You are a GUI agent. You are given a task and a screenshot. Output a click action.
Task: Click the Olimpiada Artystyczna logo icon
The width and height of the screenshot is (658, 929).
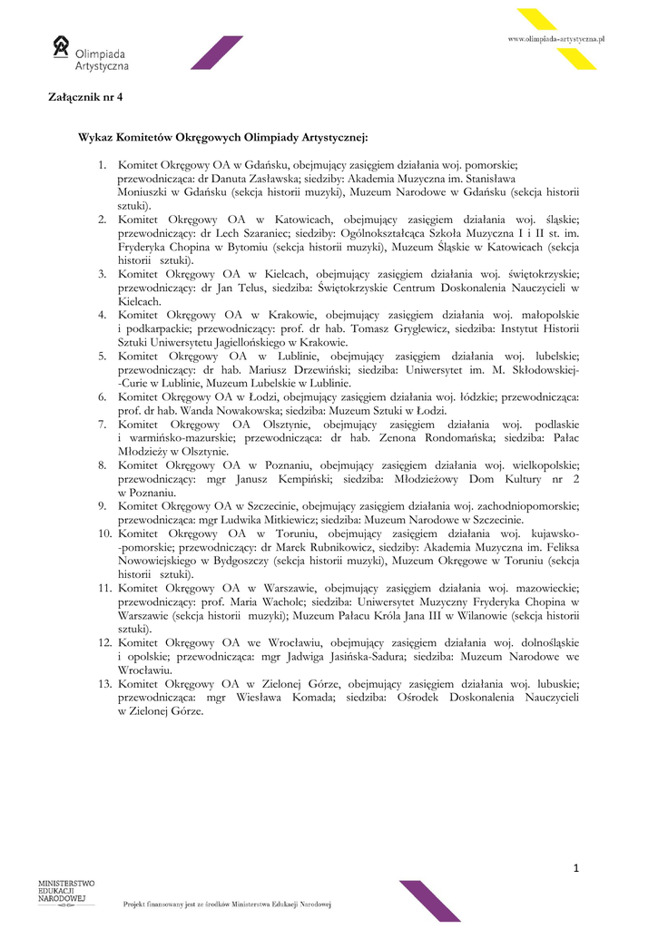61,46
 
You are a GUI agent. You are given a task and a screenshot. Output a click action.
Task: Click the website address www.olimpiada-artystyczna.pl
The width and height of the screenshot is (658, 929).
555,39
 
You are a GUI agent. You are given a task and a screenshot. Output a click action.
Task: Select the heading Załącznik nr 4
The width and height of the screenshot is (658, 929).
84,96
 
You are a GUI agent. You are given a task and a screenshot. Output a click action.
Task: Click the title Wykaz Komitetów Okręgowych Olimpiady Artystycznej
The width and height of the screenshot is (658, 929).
223,136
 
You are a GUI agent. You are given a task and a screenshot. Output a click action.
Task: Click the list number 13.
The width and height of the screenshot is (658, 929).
105,683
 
